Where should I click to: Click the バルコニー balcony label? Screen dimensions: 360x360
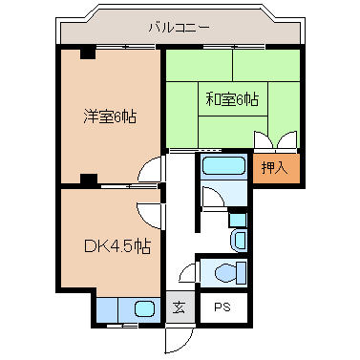pos(180,28)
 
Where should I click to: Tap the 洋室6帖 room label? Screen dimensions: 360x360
pos(110,116)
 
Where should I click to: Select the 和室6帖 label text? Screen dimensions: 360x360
pos(232,99)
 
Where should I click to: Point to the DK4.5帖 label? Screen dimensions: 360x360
pos(117,245)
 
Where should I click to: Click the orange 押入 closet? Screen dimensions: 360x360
pos(276,168)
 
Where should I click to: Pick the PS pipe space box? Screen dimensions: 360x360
pos(223,307)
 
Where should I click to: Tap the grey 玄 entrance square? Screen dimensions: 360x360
pos(180,307)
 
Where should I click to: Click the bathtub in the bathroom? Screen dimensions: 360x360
pos(223,166)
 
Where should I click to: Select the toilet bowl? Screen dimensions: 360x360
pos(226,273)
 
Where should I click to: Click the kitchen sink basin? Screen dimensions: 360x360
pos(144,309)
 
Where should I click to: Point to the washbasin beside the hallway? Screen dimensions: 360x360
pos(239,240)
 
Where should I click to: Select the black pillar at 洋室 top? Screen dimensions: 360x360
pos(88,53)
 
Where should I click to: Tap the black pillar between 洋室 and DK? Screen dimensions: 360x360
pos(89,180)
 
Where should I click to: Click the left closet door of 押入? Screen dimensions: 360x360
pos(264,140)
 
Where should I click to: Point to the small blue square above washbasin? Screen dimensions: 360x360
pos(238,220)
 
